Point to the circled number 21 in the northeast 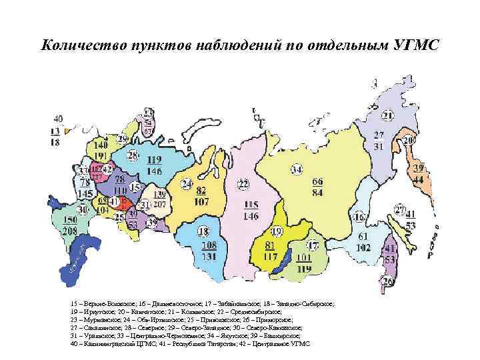click(388, 116)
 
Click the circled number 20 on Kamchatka click(408, 141)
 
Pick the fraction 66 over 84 click(317, 187)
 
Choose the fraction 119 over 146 click(155, 165)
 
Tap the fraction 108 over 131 click(209, 250)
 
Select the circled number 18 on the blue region click(203, 231)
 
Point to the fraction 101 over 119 click(304, 264)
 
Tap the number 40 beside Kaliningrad click(59, 119)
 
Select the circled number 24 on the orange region click(188, 183)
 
